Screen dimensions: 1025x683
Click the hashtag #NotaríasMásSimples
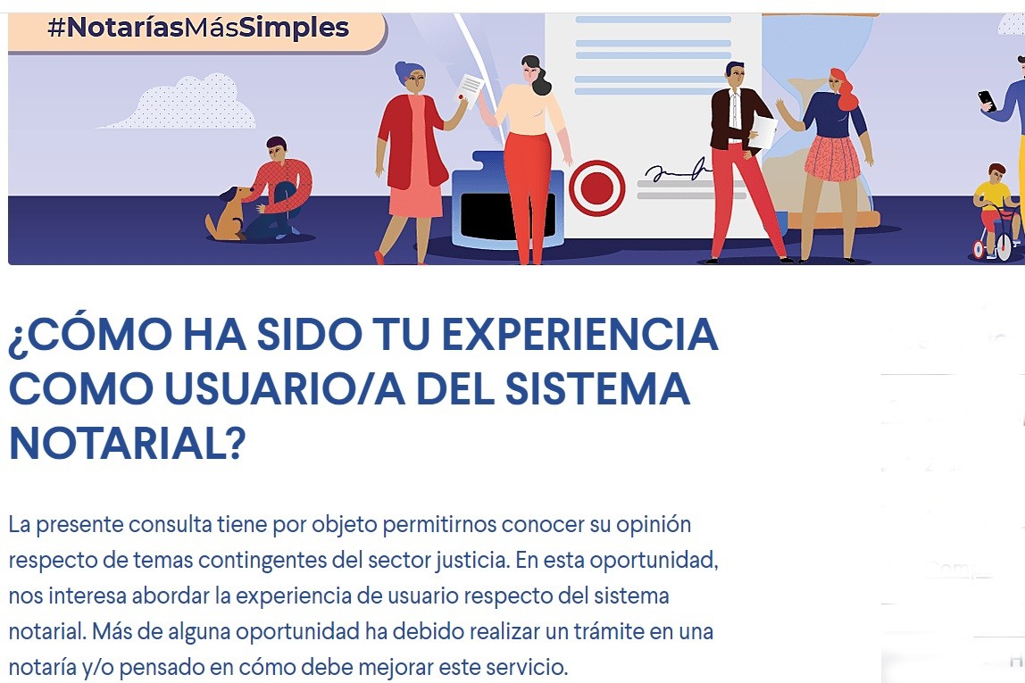(198, 28)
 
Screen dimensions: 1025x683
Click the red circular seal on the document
(596, 188)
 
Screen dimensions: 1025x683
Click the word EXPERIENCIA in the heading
(579, 335)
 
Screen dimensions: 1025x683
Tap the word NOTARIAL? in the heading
(128, 444)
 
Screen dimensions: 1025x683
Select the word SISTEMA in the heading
(597, 389)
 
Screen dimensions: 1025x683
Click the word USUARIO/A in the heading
(284, 389)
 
